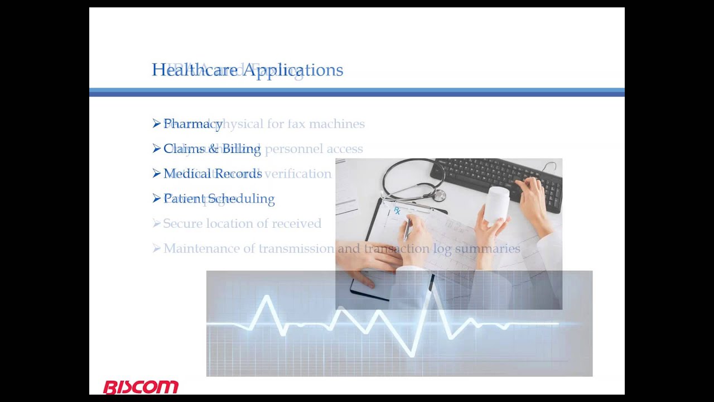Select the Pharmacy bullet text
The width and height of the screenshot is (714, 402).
pos(193,124)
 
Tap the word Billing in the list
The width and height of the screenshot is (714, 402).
pos(242,149)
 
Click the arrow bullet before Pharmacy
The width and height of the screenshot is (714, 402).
pos(156,123)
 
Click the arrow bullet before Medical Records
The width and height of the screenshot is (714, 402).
pos(156,173)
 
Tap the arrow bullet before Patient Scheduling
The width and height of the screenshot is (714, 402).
pos(156,198)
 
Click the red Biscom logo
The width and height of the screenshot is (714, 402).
pos(141,387)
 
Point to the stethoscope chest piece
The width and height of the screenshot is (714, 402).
pos(440,195)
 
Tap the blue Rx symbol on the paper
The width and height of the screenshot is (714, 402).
pos(397,210)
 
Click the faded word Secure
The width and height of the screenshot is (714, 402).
pos(182,224)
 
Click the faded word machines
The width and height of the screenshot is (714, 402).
pos(337,124)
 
